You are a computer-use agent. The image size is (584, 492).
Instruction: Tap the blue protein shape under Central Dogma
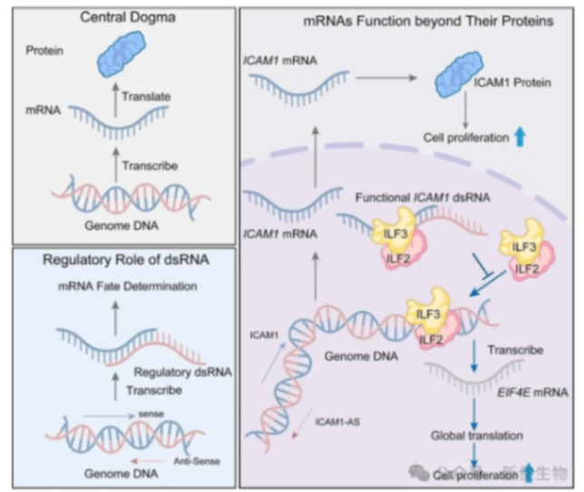click(129, 49)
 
